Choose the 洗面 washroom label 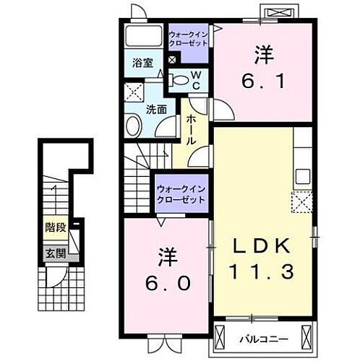156,110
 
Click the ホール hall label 192,130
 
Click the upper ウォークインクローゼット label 188,38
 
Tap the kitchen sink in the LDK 302,175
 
